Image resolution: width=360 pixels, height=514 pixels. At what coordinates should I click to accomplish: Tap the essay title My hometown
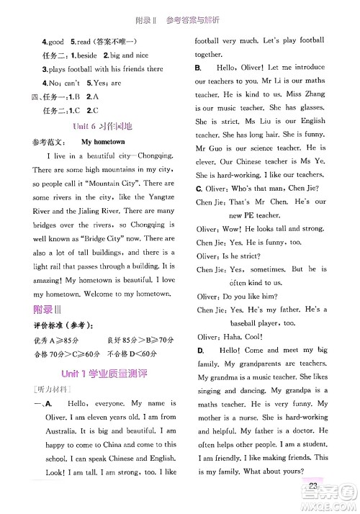(103, 143)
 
